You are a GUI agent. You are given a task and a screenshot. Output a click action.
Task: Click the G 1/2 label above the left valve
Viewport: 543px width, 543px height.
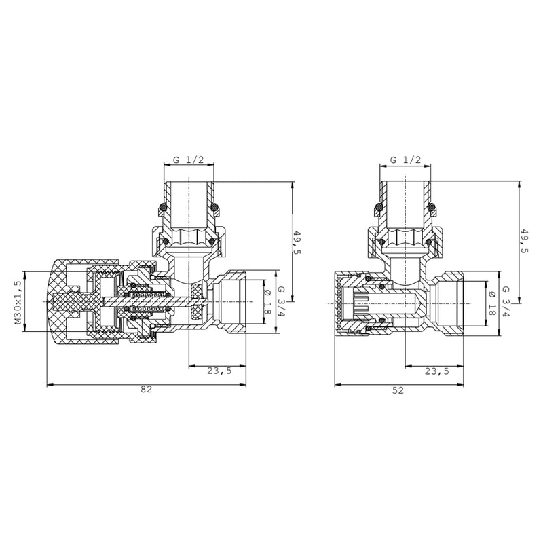click(189, 160)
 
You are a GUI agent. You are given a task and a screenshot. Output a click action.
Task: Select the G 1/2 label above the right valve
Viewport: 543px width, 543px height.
click(405, 160)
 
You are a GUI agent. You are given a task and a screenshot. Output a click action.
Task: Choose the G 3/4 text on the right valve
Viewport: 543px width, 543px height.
click(505, 301)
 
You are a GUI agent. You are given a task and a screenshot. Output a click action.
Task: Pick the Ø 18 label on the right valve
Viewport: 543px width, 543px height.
click(490, 301)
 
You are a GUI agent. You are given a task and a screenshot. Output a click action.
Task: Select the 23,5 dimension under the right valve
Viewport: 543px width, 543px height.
click(436, 371)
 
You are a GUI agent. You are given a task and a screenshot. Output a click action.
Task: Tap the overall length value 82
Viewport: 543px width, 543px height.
click(146, 390)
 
